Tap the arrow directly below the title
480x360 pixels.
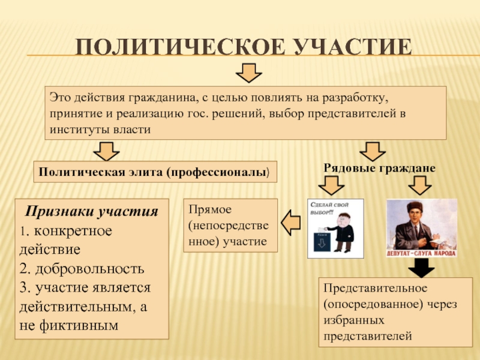tap(247, 73)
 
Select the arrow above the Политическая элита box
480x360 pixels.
tap(106, 149)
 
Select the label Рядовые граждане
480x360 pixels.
tap(379, 169)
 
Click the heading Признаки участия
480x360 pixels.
tap(92, 211)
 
